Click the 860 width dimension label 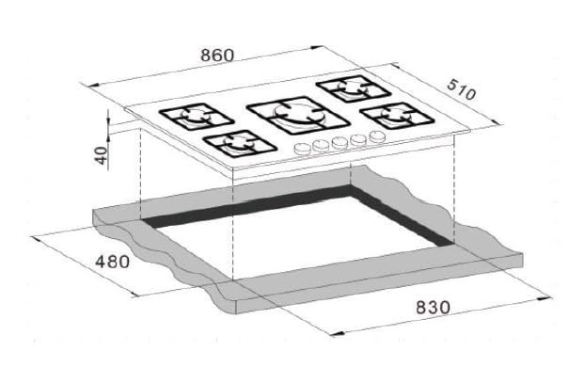(216, 55)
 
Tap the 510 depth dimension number (462, 92)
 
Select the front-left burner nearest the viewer (235, 144)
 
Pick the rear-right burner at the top (352, 89)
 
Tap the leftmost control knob (302, 150)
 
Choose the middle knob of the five (340, 143)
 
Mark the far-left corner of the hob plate (123, 120)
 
